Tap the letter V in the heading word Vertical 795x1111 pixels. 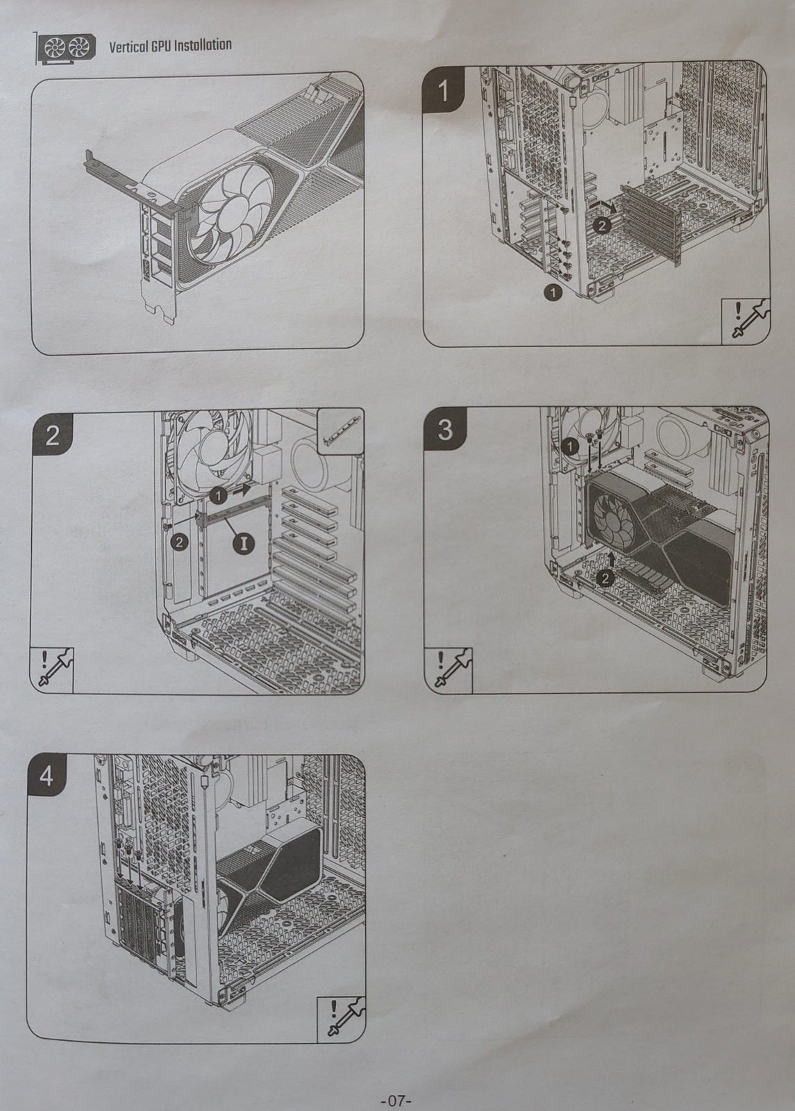pyautogui.click(x=112, y=47)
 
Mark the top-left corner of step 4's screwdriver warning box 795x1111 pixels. pyautogui.click(x=317, y=983)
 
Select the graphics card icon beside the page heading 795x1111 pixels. pyautogui.click(x=65, y=48)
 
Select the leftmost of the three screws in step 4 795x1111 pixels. pyautogui.click(x=119, y=844)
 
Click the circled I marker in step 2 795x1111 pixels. pyautogui.click(x=244, y=543)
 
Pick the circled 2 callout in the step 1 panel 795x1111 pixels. pyautogui.click(x=602, y=226)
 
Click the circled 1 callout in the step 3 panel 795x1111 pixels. pyautogui.click(x=569, y=446)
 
